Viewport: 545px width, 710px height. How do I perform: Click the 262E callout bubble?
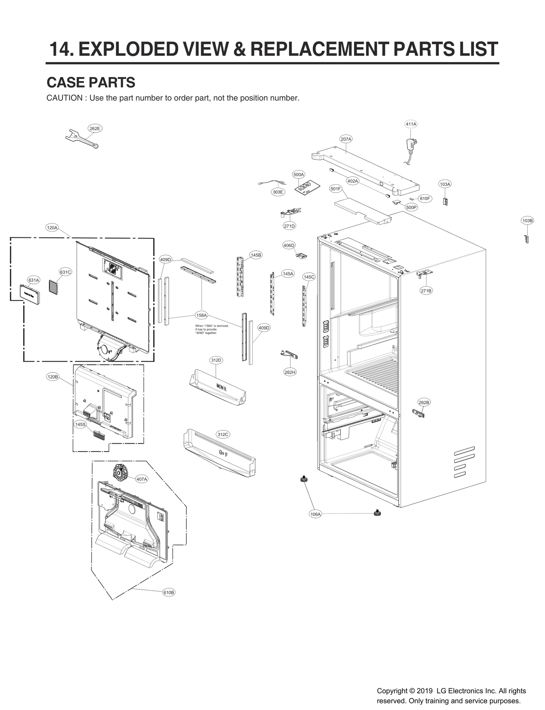[x=94, y=128]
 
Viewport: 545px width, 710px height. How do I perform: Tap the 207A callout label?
[x=346, y=139]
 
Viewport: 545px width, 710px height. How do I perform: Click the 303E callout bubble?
[x=278, y=192]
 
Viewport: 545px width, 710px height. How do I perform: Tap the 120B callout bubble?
[x=52, y=377]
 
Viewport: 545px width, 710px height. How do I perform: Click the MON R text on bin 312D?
[x=221, y=387]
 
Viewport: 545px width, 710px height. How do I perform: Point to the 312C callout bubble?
[x=223, y=434]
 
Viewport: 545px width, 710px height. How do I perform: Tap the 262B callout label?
[x=424, y=402]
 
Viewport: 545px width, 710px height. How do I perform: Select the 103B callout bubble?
[x=527, y=220]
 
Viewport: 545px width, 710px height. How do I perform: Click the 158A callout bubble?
[x=201, y=315]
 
